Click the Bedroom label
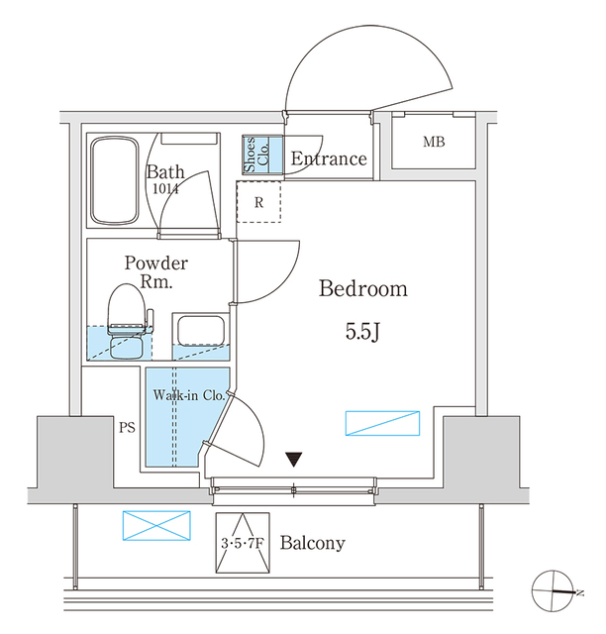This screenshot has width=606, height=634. click(362, 289)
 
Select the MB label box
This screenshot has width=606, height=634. click(434, 143)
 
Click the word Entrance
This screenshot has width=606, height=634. click(329, 159)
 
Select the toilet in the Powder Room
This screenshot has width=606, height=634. click(126, 321)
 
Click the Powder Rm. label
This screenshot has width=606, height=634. click(155, 272)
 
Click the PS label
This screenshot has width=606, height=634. click(126, 429)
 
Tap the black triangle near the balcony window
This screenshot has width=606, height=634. click(294, 460)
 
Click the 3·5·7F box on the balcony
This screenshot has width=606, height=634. click(243, 543)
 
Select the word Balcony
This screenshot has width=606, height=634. click(312, 543)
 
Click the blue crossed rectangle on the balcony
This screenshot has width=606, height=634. click(155, 525)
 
